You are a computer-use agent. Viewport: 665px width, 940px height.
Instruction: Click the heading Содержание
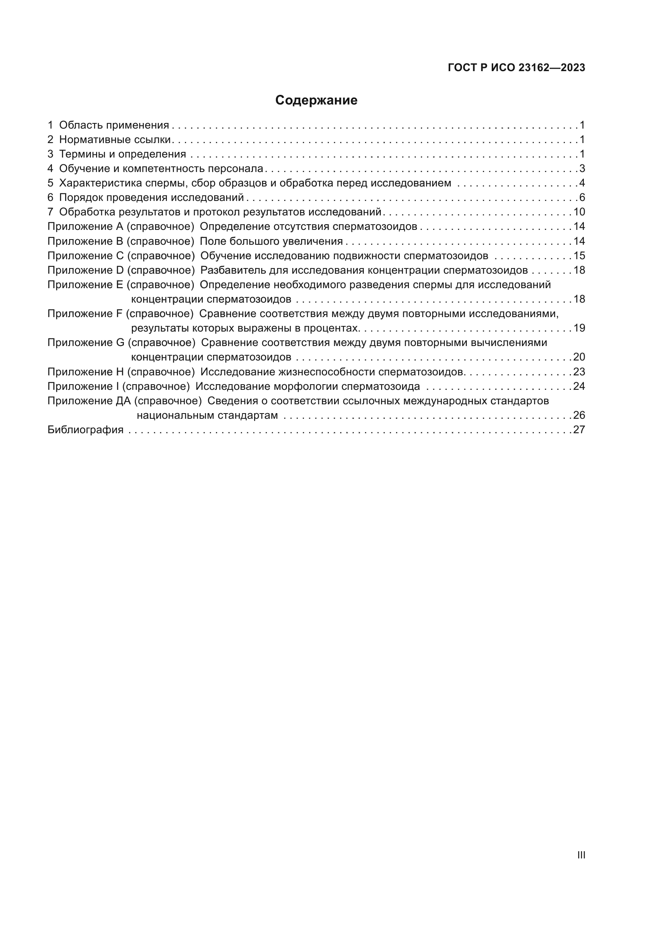coord(316,100)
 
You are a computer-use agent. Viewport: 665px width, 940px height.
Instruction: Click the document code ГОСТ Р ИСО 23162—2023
coord(516,68)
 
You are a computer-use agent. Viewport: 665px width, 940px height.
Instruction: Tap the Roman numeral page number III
coord(581,855)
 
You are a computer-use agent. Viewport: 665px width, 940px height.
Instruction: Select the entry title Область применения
coord(114,125)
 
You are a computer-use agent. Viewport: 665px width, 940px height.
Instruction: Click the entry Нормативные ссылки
coord(115,139)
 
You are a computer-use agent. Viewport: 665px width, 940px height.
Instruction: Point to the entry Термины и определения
coord(123,154)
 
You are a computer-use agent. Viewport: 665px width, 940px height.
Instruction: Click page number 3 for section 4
coord(582,169)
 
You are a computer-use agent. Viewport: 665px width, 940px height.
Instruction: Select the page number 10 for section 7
coord(579,212)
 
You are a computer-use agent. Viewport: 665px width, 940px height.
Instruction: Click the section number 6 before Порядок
coord(50,198)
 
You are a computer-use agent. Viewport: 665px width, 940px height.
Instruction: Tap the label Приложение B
coord(85,241)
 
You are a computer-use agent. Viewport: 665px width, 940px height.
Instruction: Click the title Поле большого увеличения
coord(271,241)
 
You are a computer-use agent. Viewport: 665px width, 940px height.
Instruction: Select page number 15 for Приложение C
coord(579,256)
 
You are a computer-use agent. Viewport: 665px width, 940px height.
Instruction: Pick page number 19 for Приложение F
coord(579,328)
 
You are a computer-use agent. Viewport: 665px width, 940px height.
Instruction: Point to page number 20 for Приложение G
coord(579,357)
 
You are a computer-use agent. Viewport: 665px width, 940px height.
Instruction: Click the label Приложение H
coord(86,372)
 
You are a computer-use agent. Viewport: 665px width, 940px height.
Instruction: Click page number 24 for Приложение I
coord(579,387)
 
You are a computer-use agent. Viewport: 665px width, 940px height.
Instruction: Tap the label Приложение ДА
coord(89,401)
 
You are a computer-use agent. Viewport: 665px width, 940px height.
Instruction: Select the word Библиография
coord(85,430)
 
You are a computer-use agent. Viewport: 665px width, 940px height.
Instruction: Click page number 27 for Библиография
coord(579,430)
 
